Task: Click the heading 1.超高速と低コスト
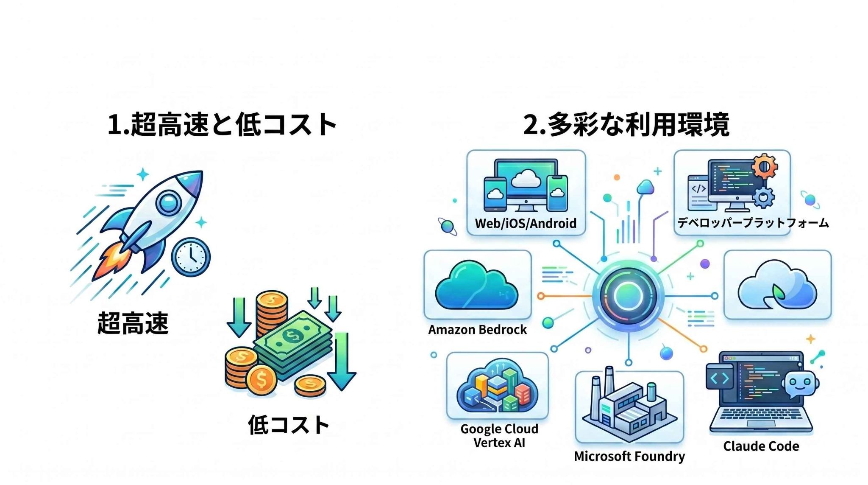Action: click(222, 124)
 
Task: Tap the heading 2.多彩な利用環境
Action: click(626, 124)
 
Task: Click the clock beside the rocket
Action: click(191, 257)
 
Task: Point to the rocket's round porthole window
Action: click(169, 202)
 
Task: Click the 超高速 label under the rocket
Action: click(133, 323)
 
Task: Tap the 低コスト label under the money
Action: click(289, 425)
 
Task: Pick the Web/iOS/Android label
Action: click(526, 223)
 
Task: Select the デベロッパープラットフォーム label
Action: click(753, 223)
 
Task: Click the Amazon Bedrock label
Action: click(477, 330)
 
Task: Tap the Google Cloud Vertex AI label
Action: click(499, 436)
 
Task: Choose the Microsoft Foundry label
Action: click(629, 456)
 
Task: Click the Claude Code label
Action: click(761, 446)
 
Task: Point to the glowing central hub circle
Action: click(629, 296)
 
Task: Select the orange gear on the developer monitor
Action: click(765, 166)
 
